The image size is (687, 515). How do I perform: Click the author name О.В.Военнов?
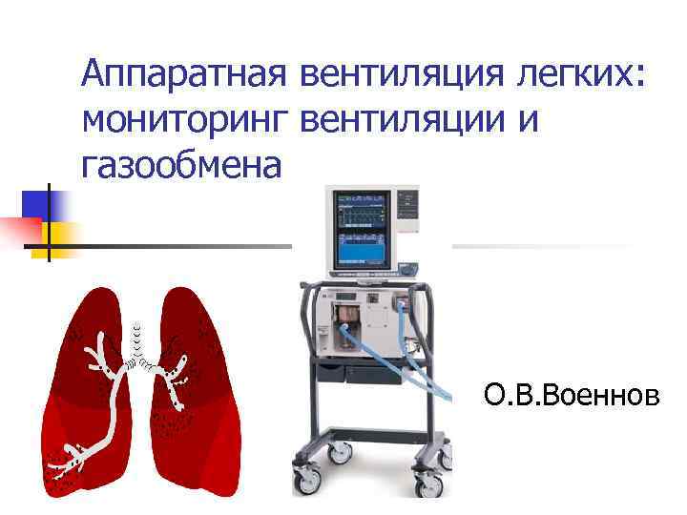pos(571,394)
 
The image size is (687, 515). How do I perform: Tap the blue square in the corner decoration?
pos(42,206)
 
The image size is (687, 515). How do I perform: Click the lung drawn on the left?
pos(86,401)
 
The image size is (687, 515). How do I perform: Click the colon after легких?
pos(639,76)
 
